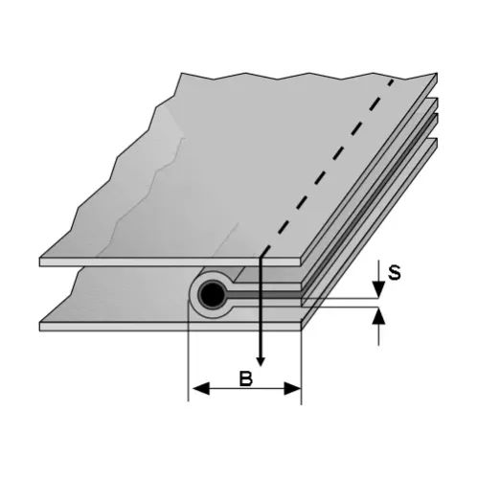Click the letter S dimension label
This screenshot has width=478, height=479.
click(x=394, y=271)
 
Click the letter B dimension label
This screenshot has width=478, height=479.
click(x=244, y=378)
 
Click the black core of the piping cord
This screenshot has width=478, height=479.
click(x=212, y=293)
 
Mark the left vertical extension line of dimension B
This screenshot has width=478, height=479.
click(x=187, y=354)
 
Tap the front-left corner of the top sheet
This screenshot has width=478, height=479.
click(x=40, y=261)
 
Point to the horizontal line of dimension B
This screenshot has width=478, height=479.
click(x=244, y=389)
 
